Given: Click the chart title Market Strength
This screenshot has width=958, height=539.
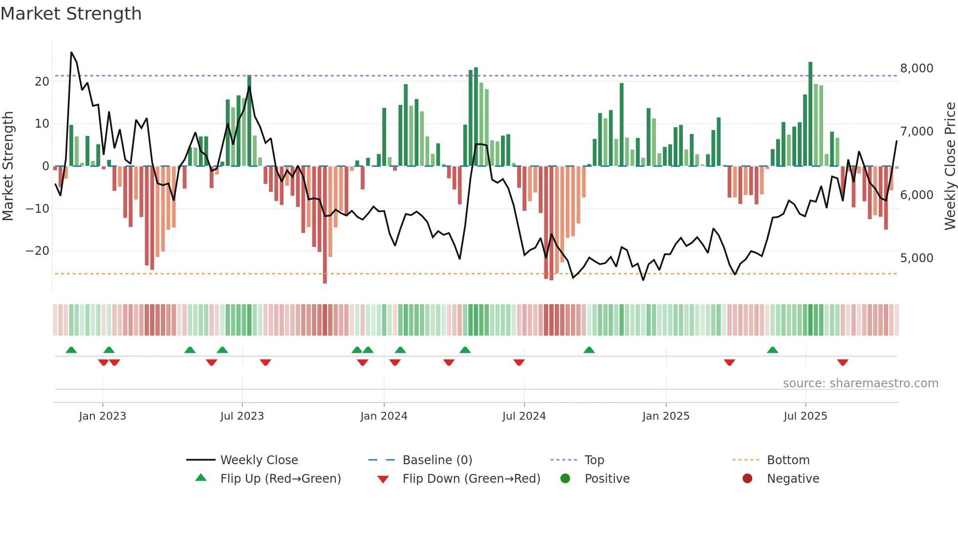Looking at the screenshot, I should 71,14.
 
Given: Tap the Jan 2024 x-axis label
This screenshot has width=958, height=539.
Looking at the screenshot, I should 384,416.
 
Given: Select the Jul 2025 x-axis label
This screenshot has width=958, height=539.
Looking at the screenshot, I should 805,416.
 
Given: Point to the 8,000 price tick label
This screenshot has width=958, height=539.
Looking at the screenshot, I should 916,68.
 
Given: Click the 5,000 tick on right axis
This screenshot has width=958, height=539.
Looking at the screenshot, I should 916,258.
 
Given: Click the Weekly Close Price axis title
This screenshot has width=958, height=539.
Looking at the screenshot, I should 950,166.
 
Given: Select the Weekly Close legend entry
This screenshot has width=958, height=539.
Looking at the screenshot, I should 259,460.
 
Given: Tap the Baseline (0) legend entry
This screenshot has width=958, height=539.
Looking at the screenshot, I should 437,460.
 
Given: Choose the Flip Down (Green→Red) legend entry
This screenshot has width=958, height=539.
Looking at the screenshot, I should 471,479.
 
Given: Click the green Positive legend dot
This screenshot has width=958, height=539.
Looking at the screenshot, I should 566,479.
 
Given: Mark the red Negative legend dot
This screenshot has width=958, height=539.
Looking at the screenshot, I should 747,479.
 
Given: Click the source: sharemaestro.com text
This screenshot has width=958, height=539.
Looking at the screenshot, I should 860,383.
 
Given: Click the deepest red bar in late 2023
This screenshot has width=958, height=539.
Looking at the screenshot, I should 325,225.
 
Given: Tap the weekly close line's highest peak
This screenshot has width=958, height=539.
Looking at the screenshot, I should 71,52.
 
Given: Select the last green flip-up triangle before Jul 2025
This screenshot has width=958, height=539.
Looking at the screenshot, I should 772,350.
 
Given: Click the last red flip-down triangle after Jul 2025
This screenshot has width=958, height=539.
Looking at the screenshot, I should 843,362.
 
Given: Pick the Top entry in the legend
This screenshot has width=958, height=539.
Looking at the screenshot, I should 594,460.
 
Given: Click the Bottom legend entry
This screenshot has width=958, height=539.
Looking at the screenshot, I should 788,460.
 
